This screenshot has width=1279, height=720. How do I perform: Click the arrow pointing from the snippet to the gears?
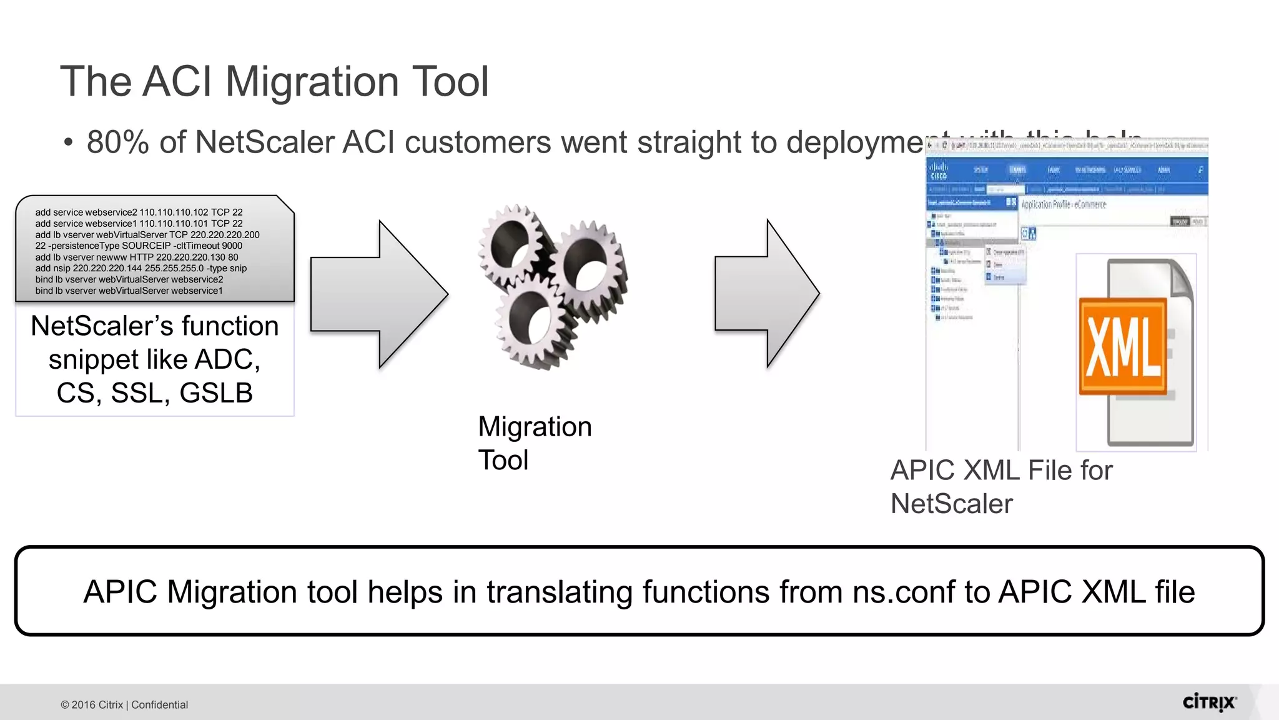tap(379, 294)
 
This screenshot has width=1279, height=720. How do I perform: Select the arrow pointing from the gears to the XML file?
tap(767, 293)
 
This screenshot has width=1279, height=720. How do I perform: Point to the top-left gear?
tap(512, 244)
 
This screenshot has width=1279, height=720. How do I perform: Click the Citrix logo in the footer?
tap(1209, 702)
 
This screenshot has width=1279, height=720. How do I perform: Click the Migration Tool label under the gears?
tap(534, 443)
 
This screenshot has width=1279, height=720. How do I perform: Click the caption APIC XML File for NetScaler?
tap(1000, 487)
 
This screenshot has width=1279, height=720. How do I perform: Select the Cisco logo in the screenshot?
tap(938, 170)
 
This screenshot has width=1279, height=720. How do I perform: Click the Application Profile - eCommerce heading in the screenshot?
tap(1063, 204)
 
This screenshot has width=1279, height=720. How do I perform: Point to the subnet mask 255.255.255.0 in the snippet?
tap(174, 268)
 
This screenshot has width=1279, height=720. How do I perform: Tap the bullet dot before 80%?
tap(69, 143)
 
